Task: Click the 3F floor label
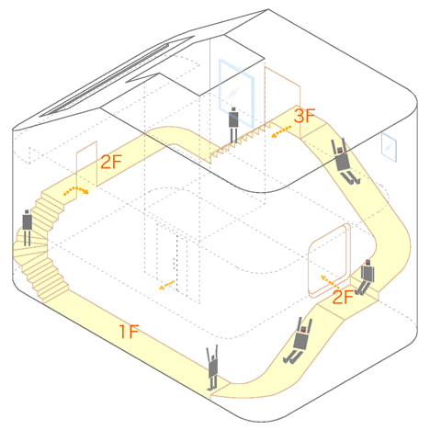click(304, 116)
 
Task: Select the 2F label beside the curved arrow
click(111, 162)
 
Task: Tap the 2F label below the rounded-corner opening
click(343, 297)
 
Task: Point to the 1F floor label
click(129, 332)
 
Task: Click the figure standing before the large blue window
click(233, 125)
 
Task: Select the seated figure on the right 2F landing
click(366, 277)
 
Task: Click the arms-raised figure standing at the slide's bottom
click(212, 368)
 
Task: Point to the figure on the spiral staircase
click(27, 227)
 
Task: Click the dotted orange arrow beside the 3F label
click(281, 131)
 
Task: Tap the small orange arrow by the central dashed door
click(166, 285)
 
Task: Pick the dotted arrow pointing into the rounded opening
click(330, 282)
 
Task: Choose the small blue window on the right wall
click(389, 147)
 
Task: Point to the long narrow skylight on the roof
click(104, 80)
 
